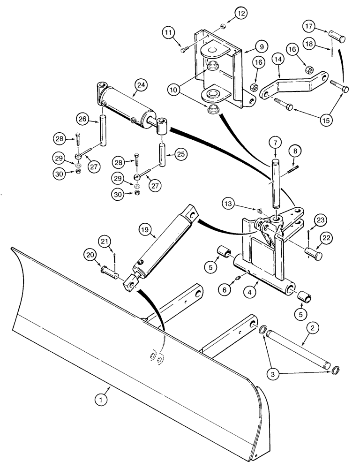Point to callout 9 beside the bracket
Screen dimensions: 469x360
pos(261,46)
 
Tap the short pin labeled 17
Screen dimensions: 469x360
pos(337,38)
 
